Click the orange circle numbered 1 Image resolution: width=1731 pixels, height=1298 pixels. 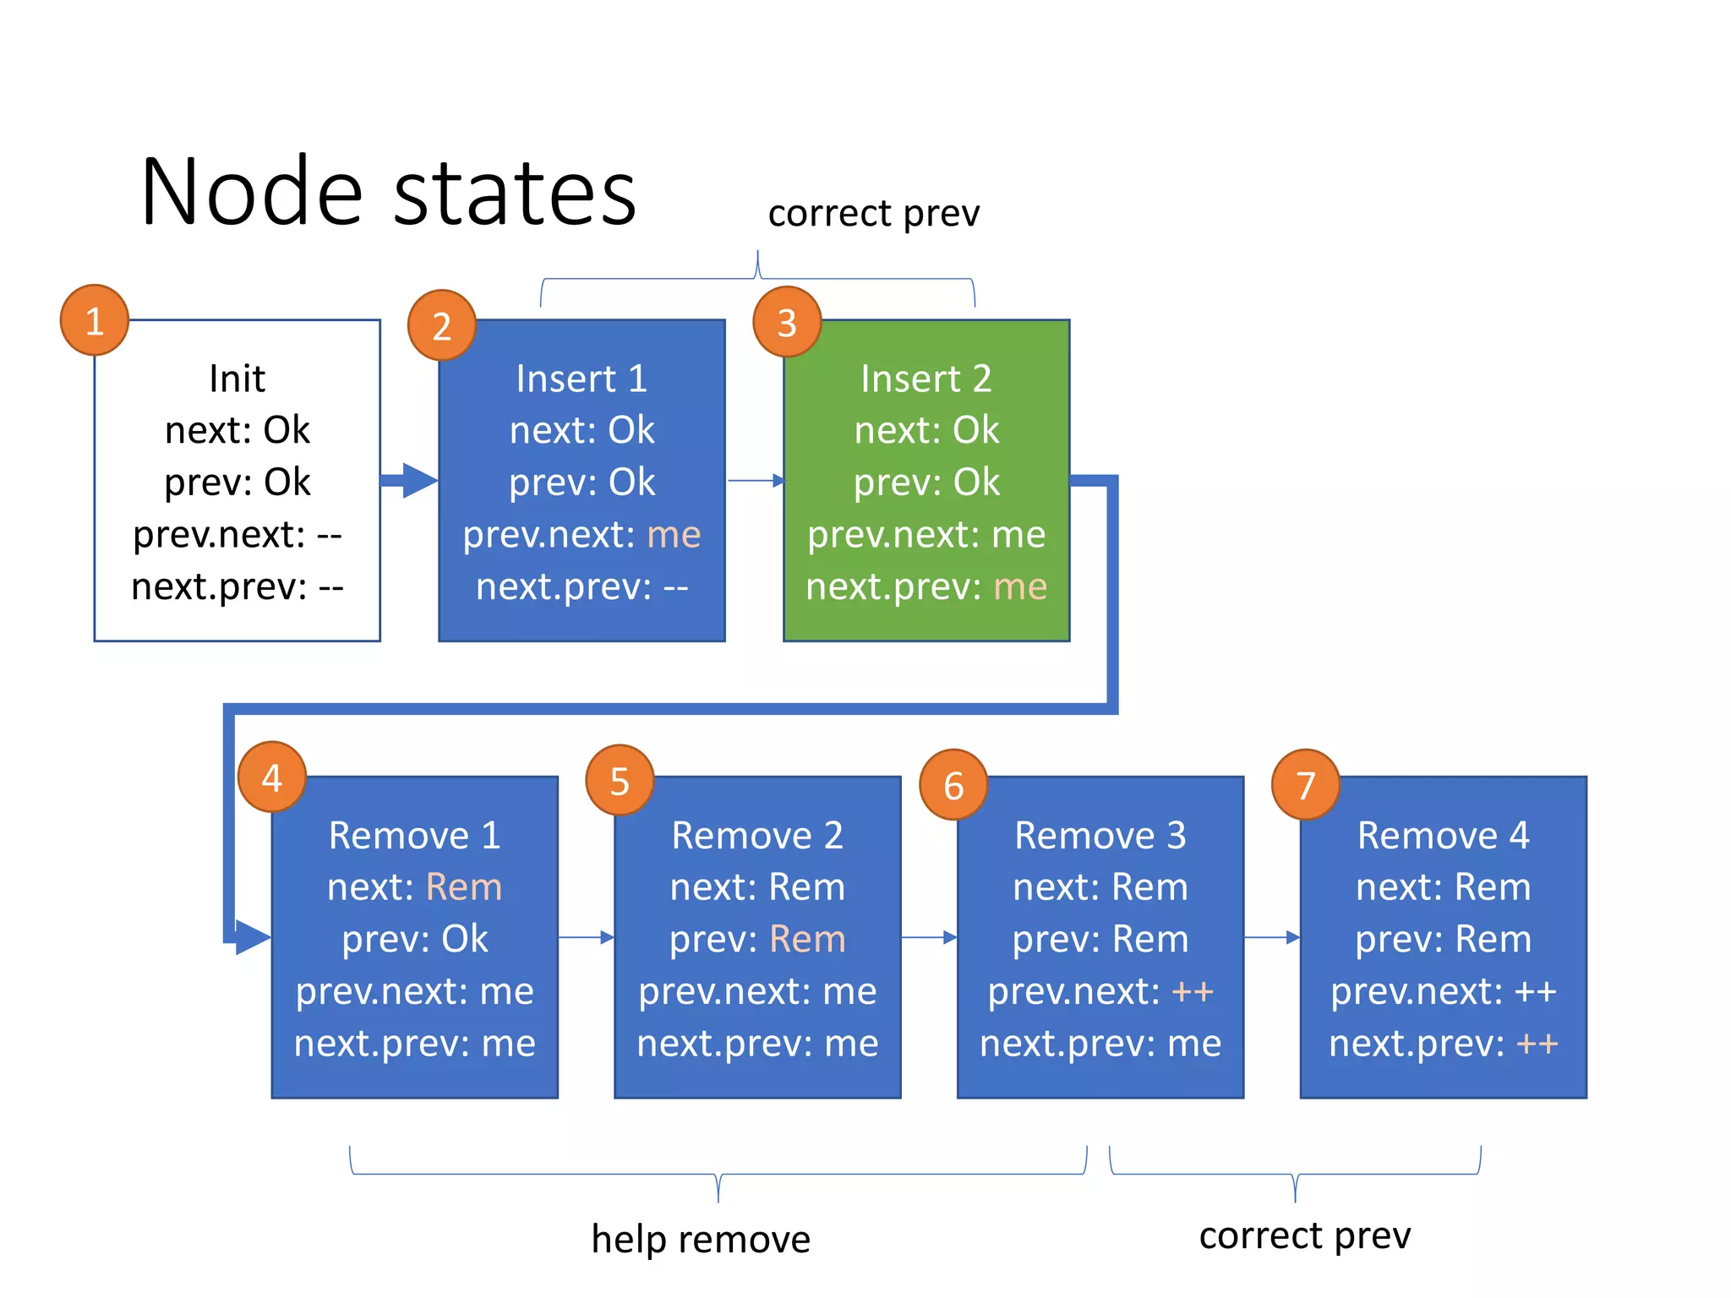pyautogui.click(x=95, y=320)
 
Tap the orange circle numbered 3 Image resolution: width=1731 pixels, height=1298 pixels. pyautogui.click(x=787, y=322)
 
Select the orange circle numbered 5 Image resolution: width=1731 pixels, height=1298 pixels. pyautogui.click(x=620, y=781)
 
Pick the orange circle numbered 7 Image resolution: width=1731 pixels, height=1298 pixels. pyautogui.click(x=1305, y=784)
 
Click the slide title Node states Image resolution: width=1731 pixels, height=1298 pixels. pyautogui.click(x=388, y=193)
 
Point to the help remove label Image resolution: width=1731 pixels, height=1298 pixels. pyautogui.click(x=701, y=1240)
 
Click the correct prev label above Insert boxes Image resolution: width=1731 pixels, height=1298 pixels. pyautogui.click(x=873, y=213)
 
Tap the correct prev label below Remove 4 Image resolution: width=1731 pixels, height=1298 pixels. pyautogui.click(x=1304, y=1235)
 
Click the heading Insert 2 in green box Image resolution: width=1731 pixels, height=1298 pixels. pyautogui.click(x=926, y=379)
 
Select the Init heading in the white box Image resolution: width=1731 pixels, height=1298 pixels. pyautogui.click(x=237, y=379)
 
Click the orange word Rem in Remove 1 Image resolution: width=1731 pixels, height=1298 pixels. pyautogui.click(x=464, y=887)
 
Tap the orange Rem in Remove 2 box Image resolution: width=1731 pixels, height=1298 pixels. pyautogui.click(x=807, y=940)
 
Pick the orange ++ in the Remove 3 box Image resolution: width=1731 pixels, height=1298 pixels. pyautogui.click(x=1193, y=991)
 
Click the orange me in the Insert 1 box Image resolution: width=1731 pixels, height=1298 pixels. pyautogui.click(x=674, y=535)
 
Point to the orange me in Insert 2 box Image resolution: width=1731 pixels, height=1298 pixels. pyautogui.click(x=1020, y=586)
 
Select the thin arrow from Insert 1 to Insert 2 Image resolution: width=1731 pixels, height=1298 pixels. pyautogui.click(x=756, y=481)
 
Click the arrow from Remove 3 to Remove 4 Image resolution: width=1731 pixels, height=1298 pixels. pyautogui.click(x=1272, y=937)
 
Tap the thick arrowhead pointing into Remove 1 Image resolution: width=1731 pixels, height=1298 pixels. pyautogui.click(x=252, y=937)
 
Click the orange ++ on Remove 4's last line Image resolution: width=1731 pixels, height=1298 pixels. pyautogui.click(x=1537, y=1044)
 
